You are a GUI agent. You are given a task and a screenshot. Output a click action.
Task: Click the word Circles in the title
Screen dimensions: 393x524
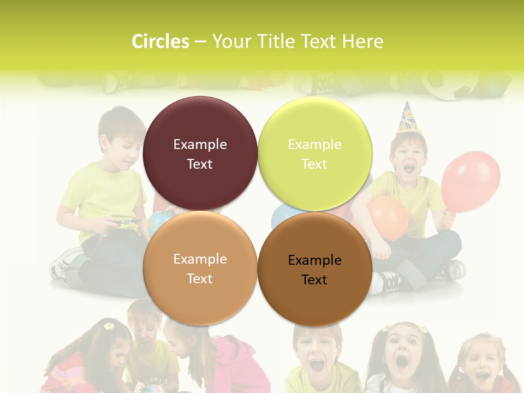pyautogui.click(x=160, y=41)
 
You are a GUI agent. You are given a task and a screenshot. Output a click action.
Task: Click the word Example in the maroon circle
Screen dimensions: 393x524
pyautogui.click(x=200, y=144)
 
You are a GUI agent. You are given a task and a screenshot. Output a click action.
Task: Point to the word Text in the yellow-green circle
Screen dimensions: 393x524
pyautogui.click(x=314, y=164)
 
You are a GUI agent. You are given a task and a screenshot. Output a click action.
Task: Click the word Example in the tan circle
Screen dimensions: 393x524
pyautogui.click(x=200, y=259)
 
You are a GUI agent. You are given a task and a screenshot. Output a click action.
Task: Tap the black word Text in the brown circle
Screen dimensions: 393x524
pyautogui.click(x=314, y=279)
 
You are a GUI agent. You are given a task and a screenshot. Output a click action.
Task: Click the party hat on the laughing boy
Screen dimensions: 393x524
pyautogui.click(x=407, y=118)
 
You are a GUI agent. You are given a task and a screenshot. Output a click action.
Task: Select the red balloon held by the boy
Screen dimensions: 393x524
pyautogui.click(x=471, y=181)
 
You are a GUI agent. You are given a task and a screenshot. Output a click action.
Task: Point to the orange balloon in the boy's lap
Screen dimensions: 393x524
pyautogui.click(x=388, y=217)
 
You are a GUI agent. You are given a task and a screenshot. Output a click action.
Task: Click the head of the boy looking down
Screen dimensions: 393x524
pyautogui.click(x=121, y=131)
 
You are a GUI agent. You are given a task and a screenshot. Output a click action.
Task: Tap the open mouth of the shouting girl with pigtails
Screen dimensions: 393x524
pyautogui.click(x=401, y=361)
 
